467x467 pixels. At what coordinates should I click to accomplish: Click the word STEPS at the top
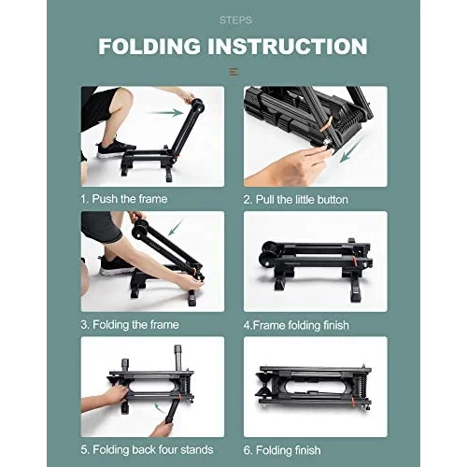234,20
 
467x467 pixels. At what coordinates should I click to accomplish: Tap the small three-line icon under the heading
233,72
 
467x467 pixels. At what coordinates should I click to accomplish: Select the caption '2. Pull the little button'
296,199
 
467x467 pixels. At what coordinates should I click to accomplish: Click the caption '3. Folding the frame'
129,324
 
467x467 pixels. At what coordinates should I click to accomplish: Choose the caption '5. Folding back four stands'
147,450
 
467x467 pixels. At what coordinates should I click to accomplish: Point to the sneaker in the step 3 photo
116,265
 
